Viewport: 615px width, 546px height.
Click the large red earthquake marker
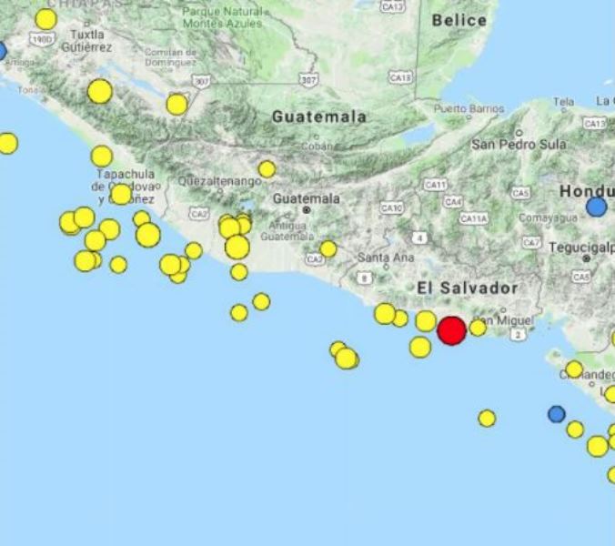click(451, 330)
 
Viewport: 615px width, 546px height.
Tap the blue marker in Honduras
click(596, 207)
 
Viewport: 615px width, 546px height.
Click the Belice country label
click(459, 20)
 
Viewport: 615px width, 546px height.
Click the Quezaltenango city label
click(220, 181)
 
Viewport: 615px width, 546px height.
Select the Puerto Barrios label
click(469, 109)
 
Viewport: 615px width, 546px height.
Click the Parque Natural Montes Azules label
click(223, 18)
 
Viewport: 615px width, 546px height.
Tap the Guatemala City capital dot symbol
click(307, 210)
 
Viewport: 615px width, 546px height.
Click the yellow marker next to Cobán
click(267, 169)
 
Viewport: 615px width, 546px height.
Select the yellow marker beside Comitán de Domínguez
click(176, 105)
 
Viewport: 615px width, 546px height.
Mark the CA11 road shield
click(435, 185)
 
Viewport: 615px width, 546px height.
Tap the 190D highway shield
click(40, 39)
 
